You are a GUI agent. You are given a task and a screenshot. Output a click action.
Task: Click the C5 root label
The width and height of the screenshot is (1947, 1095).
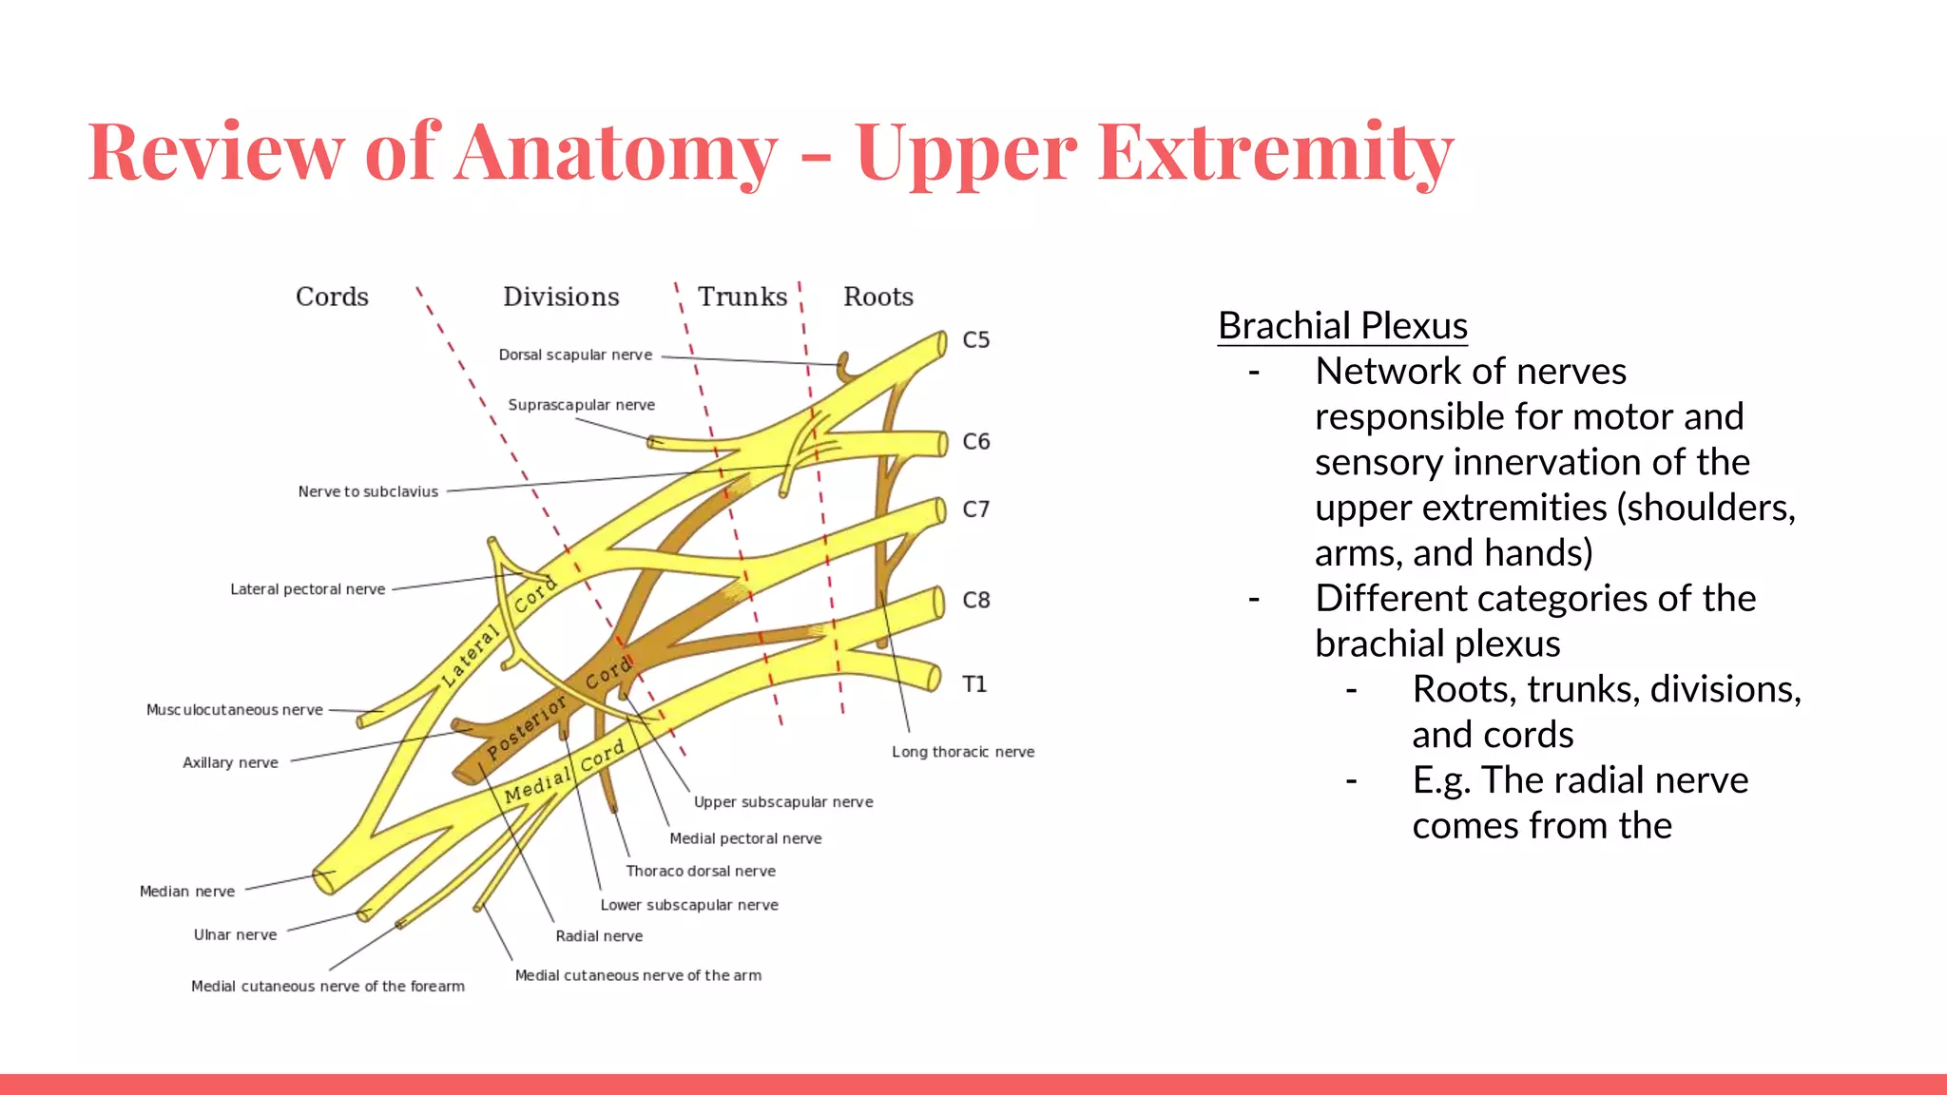pyautogui.click(x=976, y=340)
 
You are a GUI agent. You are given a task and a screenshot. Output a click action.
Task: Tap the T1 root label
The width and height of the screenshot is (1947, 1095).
pyautogui.click(x=974, y=684)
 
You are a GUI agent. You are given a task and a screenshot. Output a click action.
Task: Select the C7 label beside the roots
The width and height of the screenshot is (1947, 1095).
pyautogui.click(x=976, y=509)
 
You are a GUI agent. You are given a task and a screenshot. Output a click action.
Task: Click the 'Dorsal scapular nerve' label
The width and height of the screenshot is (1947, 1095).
pyautogui.click(x=575, y=355)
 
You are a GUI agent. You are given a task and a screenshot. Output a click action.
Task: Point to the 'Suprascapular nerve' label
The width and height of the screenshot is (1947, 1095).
pyautogui.click(x=581, y=405)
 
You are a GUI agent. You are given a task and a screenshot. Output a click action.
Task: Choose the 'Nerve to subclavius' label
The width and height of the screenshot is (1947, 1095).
pyautogui.click(x=368, y=491)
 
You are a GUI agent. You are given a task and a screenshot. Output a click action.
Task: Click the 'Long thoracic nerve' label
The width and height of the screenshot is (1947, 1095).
pyautogui.click(x=962, y=752)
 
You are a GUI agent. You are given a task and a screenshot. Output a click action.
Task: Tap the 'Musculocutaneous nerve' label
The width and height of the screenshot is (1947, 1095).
pyautogui.click(x=234, y=710)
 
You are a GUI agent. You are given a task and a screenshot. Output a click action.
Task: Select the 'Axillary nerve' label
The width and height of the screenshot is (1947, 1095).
pyautogui.click(x=230, y=762)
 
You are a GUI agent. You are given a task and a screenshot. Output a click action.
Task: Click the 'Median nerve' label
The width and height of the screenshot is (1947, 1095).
pyautogui.click(x=186, y=892)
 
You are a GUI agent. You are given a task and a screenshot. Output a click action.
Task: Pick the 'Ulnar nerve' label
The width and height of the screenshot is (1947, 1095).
pyautogui.click(x=235, y=935)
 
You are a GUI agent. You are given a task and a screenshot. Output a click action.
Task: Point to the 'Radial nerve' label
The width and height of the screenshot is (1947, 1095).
pyautogui.click(x=599, y=936)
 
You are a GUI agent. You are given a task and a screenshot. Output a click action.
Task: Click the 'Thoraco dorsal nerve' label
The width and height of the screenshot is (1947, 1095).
pyautogui.click(x=700, y=871)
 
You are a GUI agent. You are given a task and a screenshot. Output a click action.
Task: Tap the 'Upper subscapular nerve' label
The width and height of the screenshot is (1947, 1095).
pyautogui.click(x=782, y=802)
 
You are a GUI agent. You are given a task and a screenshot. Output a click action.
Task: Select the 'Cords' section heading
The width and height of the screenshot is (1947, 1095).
pyautogui.click(x=332, y=297)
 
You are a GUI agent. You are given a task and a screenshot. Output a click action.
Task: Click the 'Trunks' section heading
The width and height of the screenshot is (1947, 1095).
pyautogui.click(x=742, y=297)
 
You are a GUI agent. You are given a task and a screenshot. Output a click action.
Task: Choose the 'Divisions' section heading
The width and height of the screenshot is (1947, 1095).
pyautogui.click(x=561, y=297)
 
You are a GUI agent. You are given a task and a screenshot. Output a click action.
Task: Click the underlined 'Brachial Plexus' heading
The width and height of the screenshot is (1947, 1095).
pyautogui.click(x=1342, y=326)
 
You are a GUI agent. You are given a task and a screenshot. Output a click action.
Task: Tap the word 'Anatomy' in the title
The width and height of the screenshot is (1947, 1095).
pyautogui.click(x=616, y=152)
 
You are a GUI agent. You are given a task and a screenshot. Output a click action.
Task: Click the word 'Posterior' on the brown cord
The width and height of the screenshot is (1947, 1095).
pyautogui.click(x=527, y=727)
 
